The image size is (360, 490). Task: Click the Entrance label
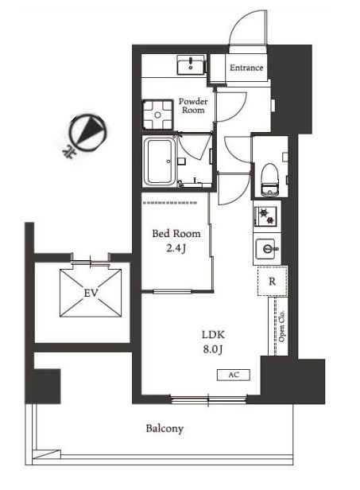[x=246, y=68]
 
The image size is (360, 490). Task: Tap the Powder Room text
[x=193, y=106]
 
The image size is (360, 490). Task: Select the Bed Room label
[x=176, y=233]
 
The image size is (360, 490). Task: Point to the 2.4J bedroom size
[x=176, y=248]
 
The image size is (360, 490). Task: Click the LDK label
[x=213, y=335]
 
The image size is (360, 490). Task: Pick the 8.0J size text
[x=213, y=349]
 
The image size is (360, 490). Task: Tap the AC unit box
[x=234, y=375]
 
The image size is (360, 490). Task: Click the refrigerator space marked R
[x=272, y=281]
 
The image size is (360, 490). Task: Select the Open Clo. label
[x=281, y=326]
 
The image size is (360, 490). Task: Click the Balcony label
[x=165, y=429]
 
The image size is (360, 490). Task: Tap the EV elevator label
[x=91, y=293]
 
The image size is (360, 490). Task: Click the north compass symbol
[x=87, y=132]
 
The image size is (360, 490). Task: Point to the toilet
[x=269, y=181]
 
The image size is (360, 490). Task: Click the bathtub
[x=159, y=162]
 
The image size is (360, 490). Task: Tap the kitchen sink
[x=265, y=249]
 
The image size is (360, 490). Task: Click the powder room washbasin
[x=191, y=64]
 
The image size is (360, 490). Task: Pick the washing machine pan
[x=157, y=115]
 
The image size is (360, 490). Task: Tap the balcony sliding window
[x=208, y=399]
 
